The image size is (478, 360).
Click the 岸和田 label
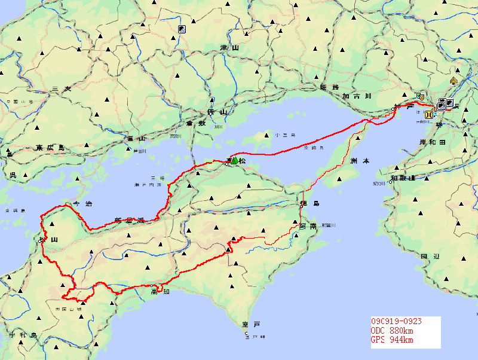[x=434, y=142]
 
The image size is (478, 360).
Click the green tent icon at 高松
[x=235, y=161]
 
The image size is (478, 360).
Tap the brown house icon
[x=454, y=81]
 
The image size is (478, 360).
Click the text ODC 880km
[x=392, y=331]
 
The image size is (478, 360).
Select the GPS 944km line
[x=392, y=340]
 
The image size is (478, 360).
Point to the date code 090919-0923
[x=396, y=322]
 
